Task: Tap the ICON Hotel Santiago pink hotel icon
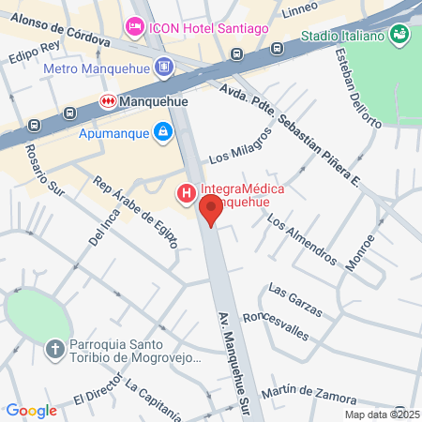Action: (134, 26)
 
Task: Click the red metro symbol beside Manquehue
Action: (108, 100)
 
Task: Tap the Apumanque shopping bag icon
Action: (163, 132)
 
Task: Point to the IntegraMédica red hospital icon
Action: (186, 194)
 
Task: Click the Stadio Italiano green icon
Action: (401, 35)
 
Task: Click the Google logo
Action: (32, 410)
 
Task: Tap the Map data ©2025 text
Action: (381, 414)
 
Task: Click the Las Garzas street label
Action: (295, 299)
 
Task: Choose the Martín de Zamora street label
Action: (304, 390)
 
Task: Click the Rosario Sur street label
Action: (43, 170)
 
